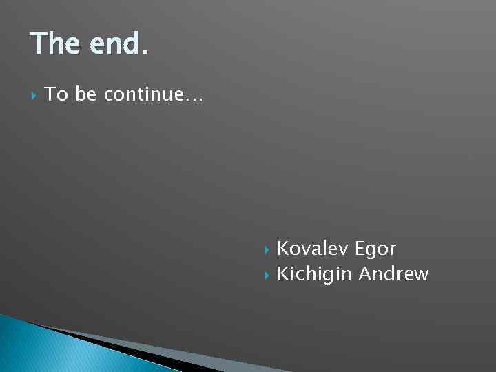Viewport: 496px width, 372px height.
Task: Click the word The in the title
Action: pyautogui.click(x=54, y=45)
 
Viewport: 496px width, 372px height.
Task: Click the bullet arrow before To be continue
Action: pyautogui.click(x=32, y=95)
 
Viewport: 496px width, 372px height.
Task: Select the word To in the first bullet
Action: pyautogui.click(x=56, y=94)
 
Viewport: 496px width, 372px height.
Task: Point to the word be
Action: pyautogui.click(x=86, y=94)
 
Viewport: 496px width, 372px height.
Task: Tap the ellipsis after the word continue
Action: pyautogui.click(x=194, y=99)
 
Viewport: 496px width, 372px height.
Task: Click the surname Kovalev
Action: pyautogui.click(x=313, y=248)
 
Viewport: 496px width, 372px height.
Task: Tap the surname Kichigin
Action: pyautogui.click(x=314, y=275)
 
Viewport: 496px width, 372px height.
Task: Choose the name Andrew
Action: pyautogui.click(x=394, y=274)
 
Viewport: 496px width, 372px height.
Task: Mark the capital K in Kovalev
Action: pyautogui.click(x=282, y=248)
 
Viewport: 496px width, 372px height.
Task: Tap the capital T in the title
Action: pyautogui.click(x=39, y=45)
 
